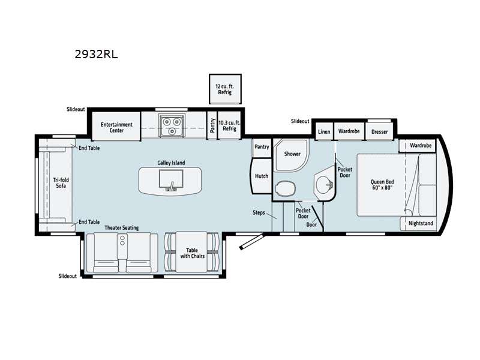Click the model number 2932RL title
point(96,54)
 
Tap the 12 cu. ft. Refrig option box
point(225,89)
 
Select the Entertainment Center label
point(116,127)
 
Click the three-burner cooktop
point(172,125)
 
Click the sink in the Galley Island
point(171,179)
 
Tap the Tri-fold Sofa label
point(61,183)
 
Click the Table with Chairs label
point(192,253)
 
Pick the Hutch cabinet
point(261,176)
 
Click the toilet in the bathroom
point(286,188)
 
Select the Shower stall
point(291,155)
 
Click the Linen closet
point(324,131)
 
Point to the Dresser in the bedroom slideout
point(379,131)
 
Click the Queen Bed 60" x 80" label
point(382,185)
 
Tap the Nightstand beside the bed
point(418,223)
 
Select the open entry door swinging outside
point(251,242)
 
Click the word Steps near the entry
point(259,212)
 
